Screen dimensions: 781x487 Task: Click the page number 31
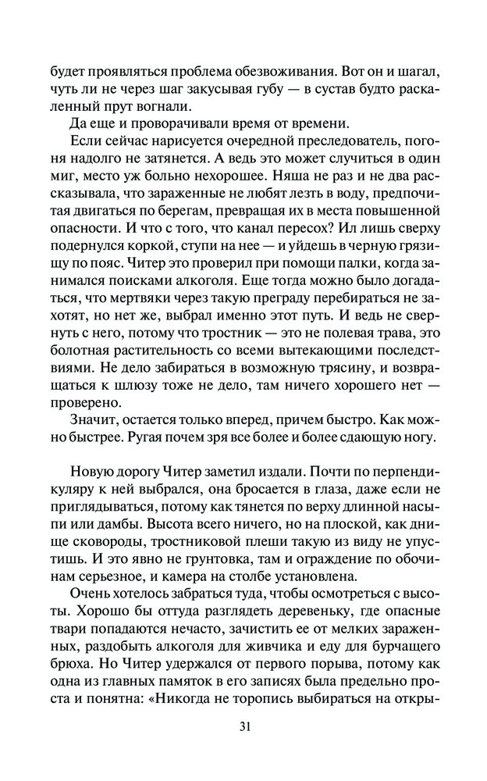(243, 726)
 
